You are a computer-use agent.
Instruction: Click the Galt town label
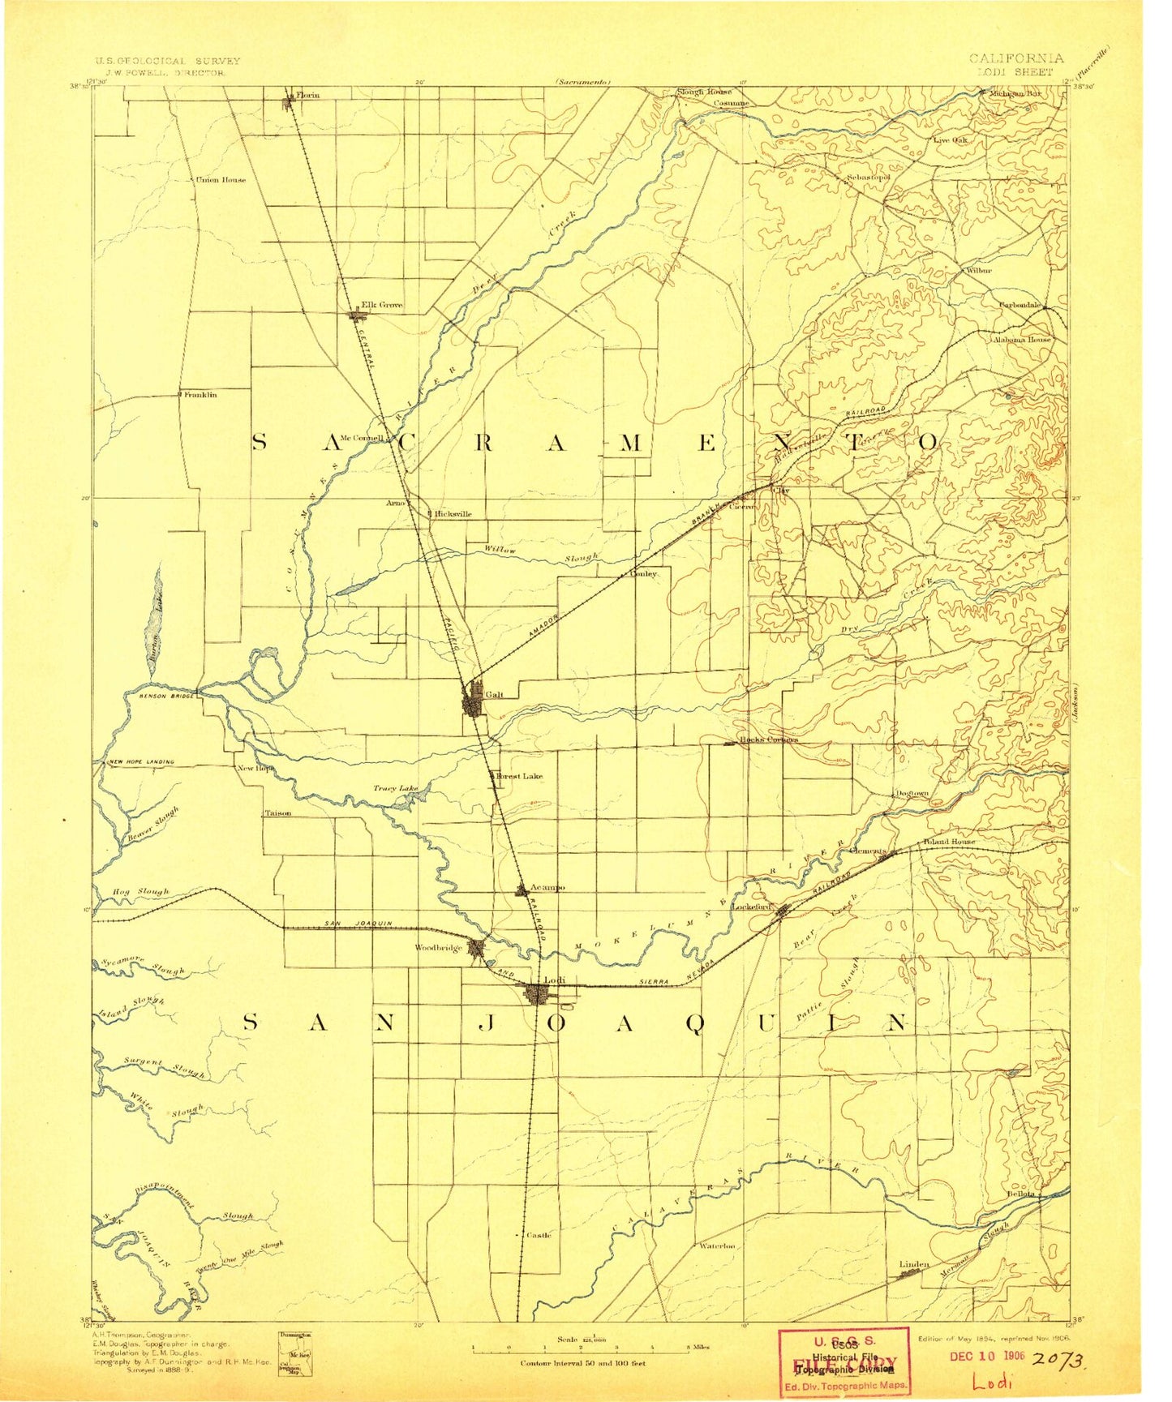(x=494, y=695)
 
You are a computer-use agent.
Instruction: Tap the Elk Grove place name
(x=381, y=305)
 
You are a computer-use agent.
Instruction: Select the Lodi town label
(x=555, y=980)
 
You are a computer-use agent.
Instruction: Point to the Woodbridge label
(x=438, y=947)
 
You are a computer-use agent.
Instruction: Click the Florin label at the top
(x=308, y=96)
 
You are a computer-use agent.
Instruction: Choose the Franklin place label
(x=200, y=395)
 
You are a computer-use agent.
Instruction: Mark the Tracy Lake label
(x=396, y=788)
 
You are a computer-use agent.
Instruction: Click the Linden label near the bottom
(x=914, y=1264)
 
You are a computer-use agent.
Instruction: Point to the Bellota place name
(x=1021, y=1194)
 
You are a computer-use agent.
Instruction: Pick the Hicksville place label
(x=453, y=514)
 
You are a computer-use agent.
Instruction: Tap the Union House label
(x=221, y=180)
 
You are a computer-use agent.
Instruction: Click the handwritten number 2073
(x=1058, y=1361)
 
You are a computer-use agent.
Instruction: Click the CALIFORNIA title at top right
(x=1015, y=58)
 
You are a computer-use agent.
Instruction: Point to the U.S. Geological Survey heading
(x=168, y=61)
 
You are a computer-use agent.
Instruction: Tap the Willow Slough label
(x=540, y=555)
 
